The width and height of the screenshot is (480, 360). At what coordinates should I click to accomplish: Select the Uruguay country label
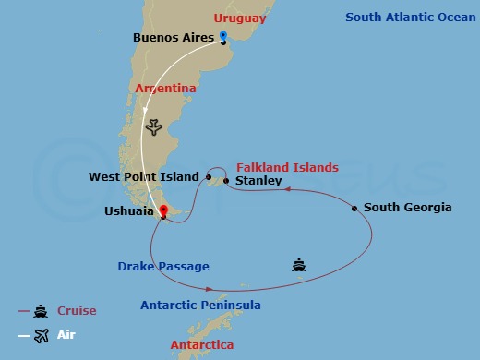click(239, 18)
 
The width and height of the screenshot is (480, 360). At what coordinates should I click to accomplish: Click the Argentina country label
click(166, 89)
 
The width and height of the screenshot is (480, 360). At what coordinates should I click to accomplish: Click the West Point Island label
click(143, 176)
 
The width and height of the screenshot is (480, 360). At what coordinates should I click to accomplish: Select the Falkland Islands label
click(287, 167)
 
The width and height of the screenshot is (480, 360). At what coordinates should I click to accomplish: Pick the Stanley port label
click(258, 181)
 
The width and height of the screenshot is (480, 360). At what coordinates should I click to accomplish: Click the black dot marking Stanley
click(226, 181)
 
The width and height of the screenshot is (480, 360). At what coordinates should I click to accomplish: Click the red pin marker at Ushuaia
click(162, 211)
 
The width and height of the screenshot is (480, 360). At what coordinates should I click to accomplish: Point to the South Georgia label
click(407, 208)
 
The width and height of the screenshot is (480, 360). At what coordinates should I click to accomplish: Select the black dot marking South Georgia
click(354, 209)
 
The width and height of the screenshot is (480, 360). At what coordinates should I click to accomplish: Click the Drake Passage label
click(163, 267)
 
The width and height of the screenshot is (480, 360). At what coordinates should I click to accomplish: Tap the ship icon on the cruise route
click(298, 266)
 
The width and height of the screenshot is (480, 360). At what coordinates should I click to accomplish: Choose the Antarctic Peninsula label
click(200, 306)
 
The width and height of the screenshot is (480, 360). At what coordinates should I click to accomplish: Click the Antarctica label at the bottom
click(201, 345)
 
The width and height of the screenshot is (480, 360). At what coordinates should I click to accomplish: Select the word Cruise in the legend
click(77, 311)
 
